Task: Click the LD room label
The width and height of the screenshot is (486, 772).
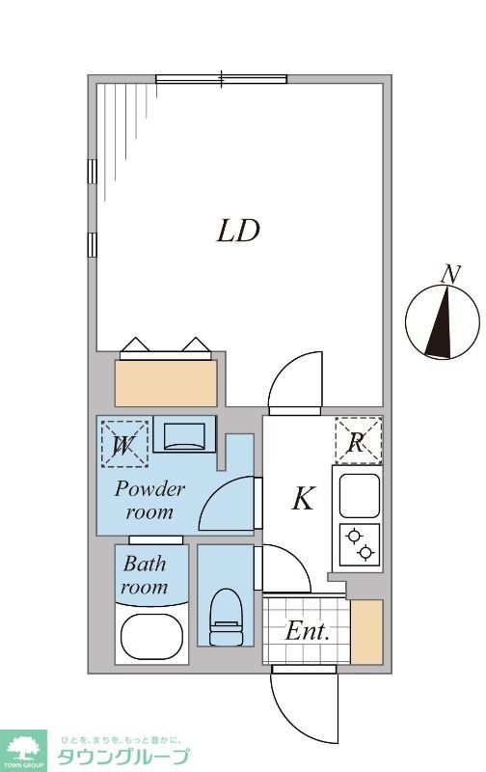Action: click(x=237, y=232)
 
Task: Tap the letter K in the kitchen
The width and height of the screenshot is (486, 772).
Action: click(x=303, y=499)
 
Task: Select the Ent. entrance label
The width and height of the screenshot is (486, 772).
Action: click(x=308, y=633)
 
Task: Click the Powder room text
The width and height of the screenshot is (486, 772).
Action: click(x=149, y=500)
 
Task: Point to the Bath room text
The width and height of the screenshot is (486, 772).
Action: click(x=145, y=575)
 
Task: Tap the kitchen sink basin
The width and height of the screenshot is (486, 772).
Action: click(x=359, y=495)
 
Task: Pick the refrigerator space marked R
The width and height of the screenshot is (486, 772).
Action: click(x=358, y=441)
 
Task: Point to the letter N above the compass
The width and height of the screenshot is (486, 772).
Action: click(x=448, y=274)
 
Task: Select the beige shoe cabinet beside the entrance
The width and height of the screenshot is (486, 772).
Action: click(x=366, y=632)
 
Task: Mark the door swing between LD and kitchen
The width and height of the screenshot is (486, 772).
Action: click(x=295, y=381)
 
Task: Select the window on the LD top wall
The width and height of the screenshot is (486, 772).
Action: click(x=222, y=79)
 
